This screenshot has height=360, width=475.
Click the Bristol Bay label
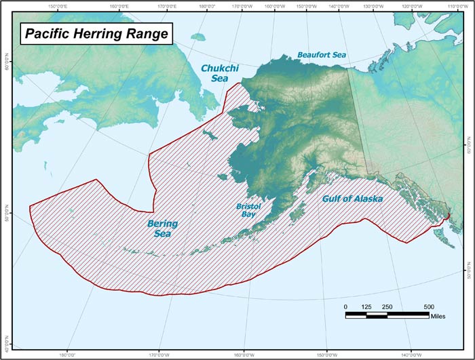(248, 209)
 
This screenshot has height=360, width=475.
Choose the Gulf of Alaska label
(351, 199)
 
